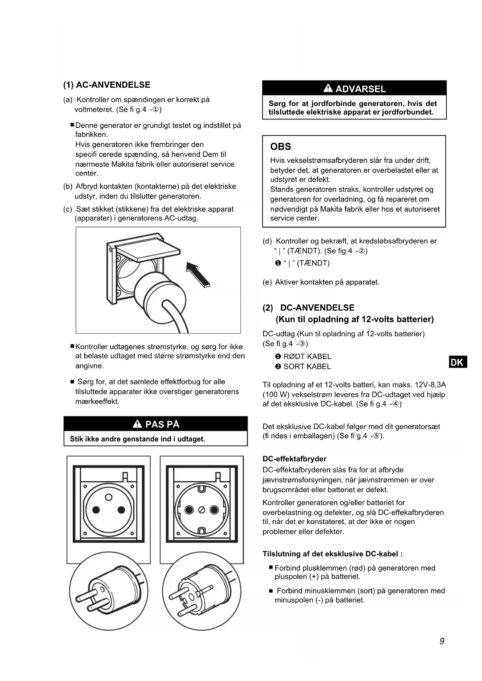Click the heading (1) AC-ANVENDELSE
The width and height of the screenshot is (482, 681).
(107, 85)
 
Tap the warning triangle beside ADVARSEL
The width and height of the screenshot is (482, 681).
(328, 89)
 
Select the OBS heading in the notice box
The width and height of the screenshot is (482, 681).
(280, 147)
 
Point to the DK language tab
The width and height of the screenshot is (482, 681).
(458, 362)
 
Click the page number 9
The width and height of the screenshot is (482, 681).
(442, 641)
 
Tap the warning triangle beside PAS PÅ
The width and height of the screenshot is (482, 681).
(137, 424)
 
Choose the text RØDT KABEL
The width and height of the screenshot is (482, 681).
(307, 356)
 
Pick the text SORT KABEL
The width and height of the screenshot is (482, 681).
(307, 367)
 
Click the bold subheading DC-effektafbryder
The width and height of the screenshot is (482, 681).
(294, 459)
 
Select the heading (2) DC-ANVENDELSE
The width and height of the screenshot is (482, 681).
(309, 308)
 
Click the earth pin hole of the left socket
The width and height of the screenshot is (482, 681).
(109, 497)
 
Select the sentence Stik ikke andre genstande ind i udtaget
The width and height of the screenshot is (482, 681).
(137, 439)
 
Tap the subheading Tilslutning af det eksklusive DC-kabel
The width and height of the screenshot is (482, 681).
(332, 554)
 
